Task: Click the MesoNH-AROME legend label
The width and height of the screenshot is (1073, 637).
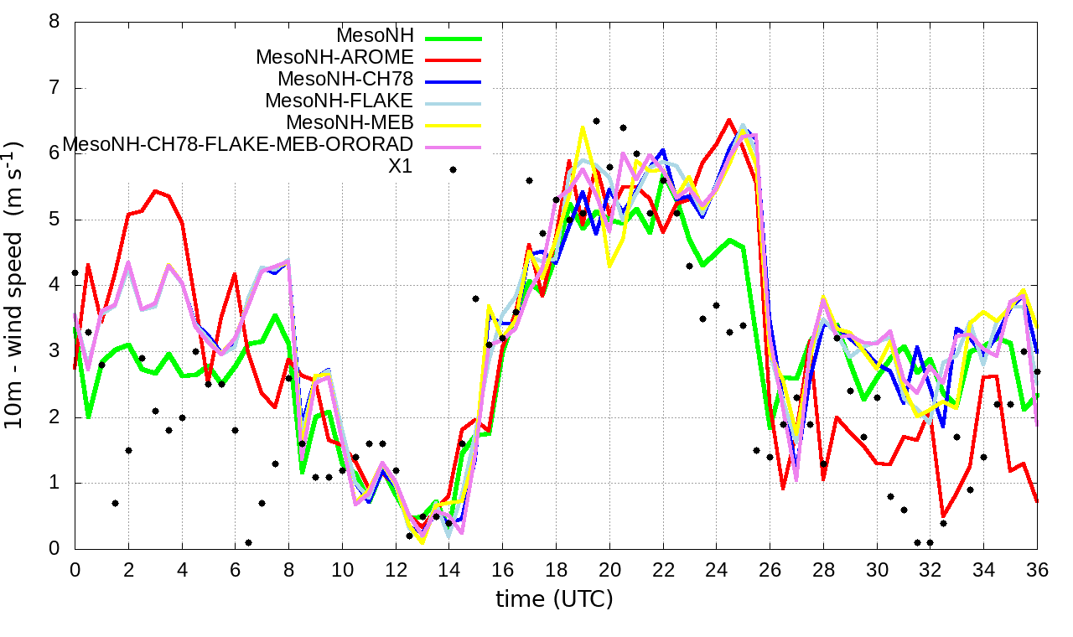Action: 334,58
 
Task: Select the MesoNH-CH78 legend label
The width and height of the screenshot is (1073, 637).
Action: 345,80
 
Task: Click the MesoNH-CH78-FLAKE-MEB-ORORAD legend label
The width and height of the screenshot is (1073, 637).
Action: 238,145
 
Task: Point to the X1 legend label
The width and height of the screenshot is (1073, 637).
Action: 401,167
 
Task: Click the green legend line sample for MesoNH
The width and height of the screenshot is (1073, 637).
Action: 454,38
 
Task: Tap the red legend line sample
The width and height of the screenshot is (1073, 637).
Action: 454,60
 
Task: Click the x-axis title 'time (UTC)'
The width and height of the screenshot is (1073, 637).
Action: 554,599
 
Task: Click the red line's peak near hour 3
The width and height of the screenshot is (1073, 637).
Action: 155,191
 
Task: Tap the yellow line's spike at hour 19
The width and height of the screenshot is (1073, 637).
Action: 583,127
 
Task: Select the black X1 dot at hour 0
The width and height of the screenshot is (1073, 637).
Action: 75,272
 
